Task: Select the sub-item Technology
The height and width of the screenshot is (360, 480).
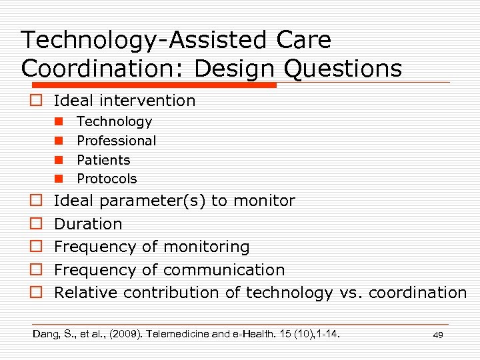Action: pyautogui.click(x=114, y=121)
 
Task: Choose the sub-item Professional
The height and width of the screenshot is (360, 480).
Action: pyautogui.click(x=116, y=141)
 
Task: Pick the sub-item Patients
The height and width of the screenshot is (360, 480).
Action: pyautogui.click(x=103, y=160)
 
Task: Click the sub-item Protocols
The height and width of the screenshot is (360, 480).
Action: pyautogui.click(x=107, y=179)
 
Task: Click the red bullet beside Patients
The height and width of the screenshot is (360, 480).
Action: pyautogui.click(x=59, y=160)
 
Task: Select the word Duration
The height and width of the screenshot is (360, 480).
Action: pyautogui.click(x=88, y=224)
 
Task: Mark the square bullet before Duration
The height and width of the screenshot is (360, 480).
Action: pyautogui.click(x=37, y=224)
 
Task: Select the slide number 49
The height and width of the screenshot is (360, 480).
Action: pyautogui.click(x=437, y=335)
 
